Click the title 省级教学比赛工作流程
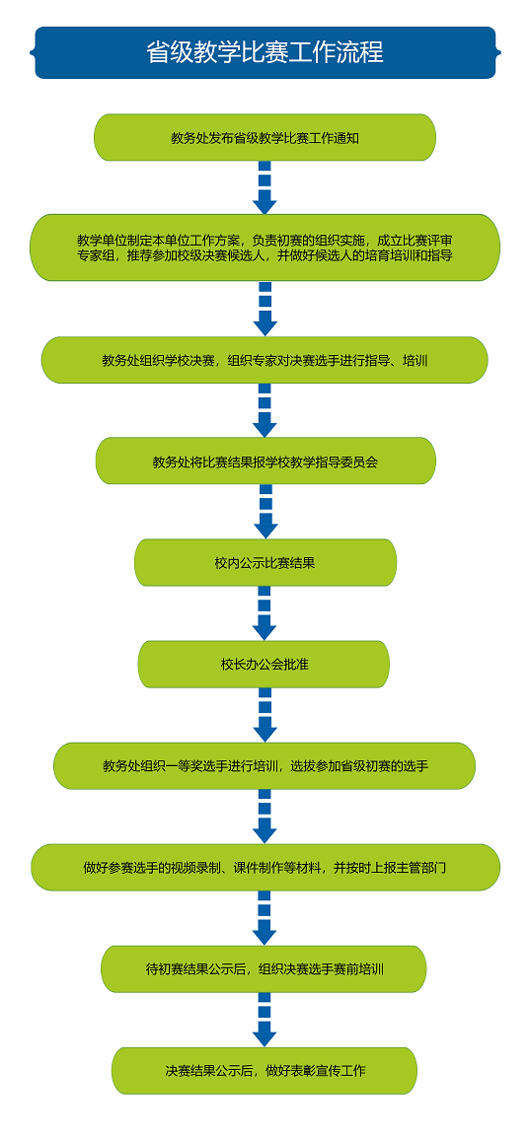tap(265, 52)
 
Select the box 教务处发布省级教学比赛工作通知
tap(265, 137)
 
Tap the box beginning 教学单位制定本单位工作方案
tap(265, 248)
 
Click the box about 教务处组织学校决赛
tap(265, 360)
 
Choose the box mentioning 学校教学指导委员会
tap(265, 461)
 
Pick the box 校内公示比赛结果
tap(265, 562)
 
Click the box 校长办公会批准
tap(264, 664)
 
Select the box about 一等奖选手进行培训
tap(265, 765)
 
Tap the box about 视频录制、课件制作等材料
tap(265, 868)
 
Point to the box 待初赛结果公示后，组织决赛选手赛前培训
tap(264, 969)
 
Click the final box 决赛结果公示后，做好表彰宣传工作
tap(265, 1071)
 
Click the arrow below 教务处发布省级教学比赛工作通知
tap(265, 187)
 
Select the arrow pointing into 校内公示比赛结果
tap(265, 512)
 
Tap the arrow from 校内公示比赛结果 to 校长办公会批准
tap(265, 612)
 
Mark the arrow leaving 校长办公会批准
tap(265, 715)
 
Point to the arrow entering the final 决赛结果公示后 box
tap(265, 1020)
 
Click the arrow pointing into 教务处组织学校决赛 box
tap(265, 309)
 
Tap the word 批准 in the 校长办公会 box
tap(295, 664)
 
